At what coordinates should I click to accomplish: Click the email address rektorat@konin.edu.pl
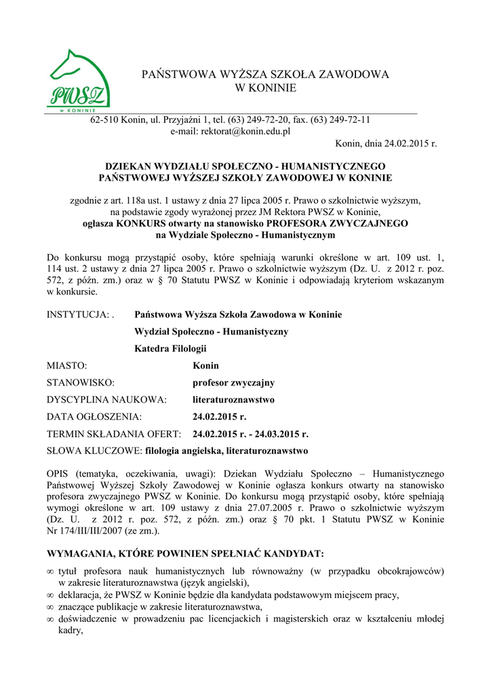230,132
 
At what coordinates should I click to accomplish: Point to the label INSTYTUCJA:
79,315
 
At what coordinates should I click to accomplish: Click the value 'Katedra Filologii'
170,349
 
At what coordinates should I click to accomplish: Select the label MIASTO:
66,366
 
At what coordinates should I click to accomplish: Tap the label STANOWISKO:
80,383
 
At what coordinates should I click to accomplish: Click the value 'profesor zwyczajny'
233,383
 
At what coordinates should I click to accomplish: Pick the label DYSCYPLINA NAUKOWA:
106,400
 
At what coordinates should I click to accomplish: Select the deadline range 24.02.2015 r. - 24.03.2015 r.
250,434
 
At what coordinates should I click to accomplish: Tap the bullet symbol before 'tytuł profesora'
50,572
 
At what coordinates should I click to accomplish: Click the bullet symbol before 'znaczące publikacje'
50,607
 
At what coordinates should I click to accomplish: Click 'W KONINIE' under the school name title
265,88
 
